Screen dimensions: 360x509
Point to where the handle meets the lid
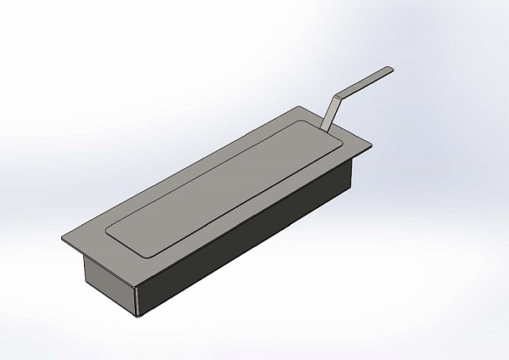coord(323,128)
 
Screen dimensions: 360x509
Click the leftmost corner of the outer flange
coord(64,239)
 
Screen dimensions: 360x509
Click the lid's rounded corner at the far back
coord(299,121)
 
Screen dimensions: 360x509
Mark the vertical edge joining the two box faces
coord(137,298)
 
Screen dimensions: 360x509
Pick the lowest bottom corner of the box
coord(137,317)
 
